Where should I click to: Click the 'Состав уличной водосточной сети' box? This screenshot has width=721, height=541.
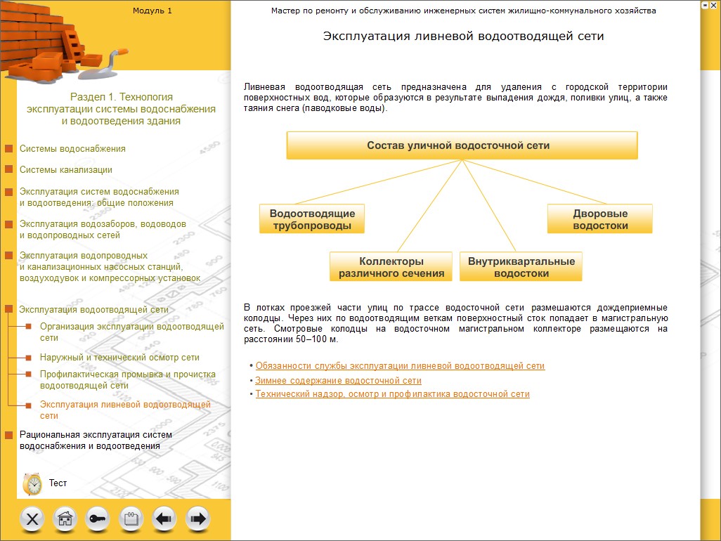(x=462, y=145)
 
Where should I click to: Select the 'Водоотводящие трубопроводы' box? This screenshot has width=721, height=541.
(x=312, y=219)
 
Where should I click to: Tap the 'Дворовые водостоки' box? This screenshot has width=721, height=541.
(x=599, y=219)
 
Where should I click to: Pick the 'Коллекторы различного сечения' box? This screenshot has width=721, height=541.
(x=391, y=267)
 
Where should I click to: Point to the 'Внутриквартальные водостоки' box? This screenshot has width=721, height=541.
(x=521, y=267)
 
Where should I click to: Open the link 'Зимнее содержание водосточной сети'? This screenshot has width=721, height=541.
(x=338, y=380)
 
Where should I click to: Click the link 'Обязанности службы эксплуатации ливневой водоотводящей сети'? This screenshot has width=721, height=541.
(x=400, y=366)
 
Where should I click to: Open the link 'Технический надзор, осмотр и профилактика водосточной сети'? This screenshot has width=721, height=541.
(x=392, y=394)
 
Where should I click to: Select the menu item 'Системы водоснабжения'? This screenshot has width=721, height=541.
(x=72, y=149)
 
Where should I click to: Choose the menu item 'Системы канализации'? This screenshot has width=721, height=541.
(x=66, y=170)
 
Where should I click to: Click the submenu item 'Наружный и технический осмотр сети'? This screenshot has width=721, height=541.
(x=119, y=358)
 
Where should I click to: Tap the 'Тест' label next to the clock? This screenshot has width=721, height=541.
(x=58, y=483)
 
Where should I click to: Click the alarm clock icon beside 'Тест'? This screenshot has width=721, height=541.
(x=32, y=483)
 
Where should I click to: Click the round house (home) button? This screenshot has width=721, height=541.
(x=65, y=519)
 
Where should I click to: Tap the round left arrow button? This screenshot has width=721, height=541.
(x=164, y=519)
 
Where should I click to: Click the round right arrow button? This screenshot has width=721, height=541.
(x=197, y=519)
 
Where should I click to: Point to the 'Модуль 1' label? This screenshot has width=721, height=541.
(x=152, y=11)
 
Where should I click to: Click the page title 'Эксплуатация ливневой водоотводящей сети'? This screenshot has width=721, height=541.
(x=463, y=36)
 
